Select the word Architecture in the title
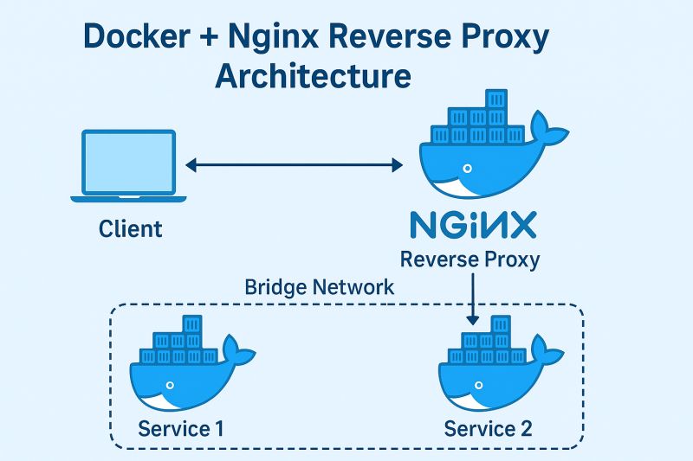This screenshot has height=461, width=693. click(313, 76)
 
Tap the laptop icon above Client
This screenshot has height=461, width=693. click(128, 165)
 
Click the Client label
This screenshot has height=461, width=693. click(130, 228)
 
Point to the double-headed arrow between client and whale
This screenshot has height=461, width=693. click(295, 163)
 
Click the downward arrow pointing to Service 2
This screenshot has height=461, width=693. click(471, 300)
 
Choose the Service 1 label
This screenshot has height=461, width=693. click(182, 428)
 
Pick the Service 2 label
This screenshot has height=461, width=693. click(489, 428)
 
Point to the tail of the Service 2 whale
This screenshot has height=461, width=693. click(548, 354)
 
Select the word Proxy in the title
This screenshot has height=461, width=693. click(502, 37)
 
